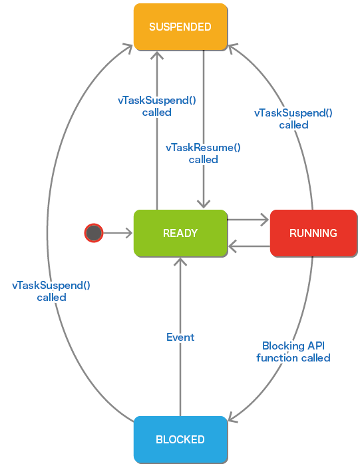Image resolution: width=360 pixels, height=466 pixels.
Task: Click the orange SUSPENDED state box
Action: click(180, 27)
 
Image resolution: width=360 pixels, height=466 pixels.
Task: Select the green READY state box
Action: click(180, 233)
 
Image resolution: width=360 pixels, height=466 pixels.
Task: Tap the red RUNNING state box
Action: click(313, 233)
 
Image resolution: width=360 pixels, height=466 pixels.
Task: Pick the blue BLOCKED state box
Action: click(180, 439)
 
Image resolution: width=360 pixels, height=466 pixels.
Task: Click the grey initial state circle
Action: click(94, 233)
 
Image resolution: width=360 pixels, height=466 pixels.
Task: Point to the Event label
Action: click(180, 338)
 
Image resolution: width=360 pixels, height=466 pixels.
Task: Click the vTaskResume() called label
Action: click(203, 153)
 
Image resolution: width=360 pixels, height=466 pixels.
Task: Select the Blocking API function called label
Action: click(293, 352)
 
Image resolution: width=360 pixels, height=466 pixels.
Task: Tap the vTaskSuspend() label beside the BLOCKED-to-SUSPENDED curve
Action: click(51, 292)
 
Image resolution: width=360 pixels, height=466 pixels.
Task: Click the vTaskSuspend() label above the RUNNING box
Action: click(293, 119)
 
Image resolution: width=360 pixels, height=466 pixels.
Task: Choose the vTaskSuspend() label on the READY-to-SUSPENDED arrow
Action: click(157, 106)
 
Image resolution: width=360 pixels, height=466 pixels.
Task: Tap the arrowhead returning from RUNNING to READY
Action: click(232, 246)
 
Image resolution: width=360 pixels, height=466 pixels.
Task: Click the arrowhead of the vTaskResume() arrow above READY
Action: click(204, 204)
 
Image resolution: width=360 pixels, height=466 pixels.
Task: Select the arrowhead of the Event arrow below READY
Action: click(180, 262)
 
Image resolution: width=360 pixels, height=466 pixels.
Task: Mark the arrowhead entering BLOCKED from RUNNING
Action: click(233, 417)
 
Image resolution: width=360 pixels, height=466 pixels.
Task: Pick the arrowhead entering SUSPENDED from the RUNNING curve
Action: click(233, 48)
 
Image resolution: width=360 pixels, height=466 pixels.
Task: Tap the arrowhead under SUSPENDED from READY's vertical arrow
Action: click(157, 55)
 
